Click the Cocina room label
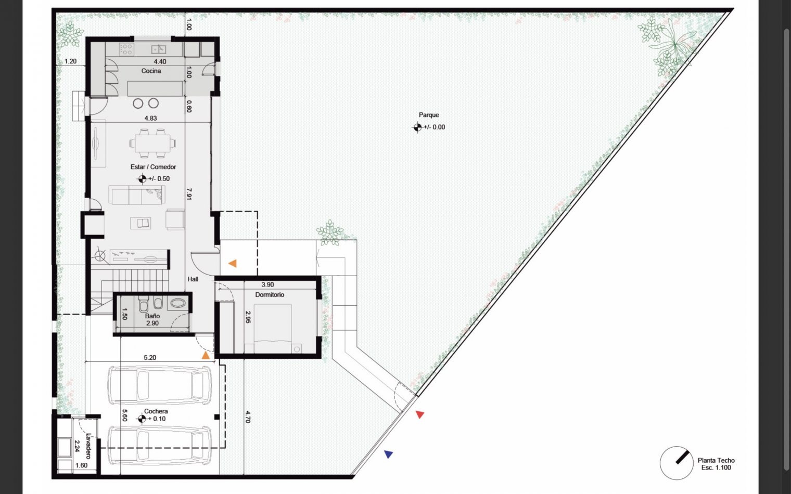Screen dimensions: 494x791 tap(151, 71)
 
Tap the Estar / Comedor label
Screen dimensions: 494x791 tap(153, 167)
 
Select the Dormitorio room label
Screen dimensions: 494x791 tap(270, 295)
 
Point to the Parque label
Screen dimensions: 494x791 tap(429, 115)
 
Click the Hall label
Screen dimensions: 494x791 tap(193, 279)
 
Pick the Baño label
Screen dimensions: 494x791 tap(152, 316)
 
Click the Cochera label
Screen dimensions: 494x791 tap(156, 411)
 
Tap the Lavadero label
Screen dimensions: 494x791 tap(88, 446)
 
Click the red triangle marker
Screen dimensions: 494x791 tap(419, 414)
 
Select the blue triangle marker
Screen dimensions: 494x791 tap(388, 454)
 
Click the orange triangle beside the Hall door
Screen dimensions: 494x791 tap(232, 264)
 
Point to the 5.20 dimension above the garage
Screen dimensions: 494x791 tap(150, 358)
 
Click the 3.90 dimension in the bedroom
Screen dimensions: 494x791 tap(267, 285)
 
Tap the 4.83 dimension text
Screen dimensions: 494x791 tap(150, 119)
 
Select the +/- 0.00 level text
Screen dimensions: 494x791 tap(434, 127)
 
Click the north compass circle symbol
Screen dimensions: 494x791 tap(676, 463)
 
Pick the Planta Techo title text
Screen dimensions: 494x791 tap(716, 460)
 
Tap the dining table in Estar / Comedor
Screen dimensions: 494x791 tap(152, 143)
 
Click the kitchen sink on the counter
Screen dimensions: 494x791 tap(158, 49)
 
